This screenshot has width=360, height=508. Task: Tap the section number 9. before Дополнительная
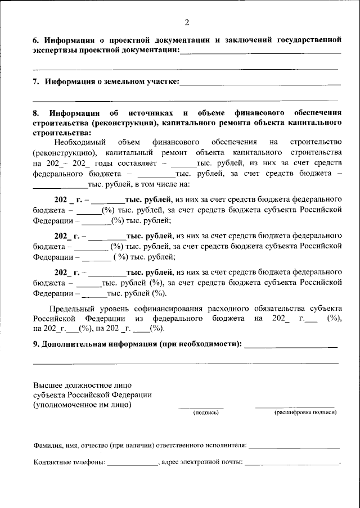click(x=36, y=343)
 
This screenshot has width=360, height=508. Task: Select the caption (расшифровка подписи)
click(x=305, y=412)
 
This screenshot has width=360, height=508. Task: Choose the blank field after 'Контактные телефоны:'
click(x=133, y=464)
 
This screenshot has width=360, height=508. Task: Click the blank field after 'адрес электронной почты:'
click(x=292, y=464)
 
